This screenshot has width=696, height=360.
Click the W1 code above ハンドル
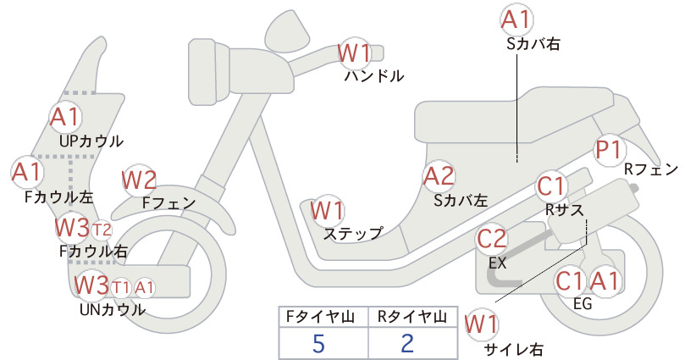pos(354,53)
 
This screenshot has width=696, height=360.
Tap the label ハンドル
pos(374,76)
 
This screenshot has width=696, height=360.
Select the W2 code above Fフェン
pos(139,180)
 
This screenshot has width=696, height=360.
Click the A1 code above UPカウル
pos(65,117)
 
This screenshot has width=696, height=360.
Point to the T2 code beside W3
pos(102,230)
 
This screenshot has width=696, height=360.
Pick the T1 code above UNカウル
pos(120,288)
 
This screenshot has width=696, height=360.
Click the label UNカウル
pos(113,309)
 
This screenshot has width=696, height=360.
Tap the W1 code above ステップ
pos(327,210)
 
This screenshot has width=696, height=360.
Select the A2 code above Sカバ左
pos(439,176)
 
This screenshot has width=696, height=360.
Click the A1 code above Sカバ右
pos(516,19)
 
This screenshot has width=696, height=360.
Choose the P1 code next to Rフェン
pos(608,150)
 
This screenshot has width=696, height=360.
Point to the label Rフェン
pos(651,169)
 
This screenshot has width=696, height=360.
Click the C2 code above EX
pos(491,238)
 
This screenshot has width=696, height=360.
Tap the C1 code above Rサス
pos(550,186)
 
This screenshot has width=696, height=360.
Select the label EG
pos(583,303)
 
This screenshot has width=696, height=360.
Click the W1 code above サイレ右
pos(481,324)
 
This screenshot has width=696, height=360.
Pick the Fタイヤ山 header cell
pos(323,317)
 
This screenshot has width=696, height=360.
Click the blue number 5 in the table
pos(318,343)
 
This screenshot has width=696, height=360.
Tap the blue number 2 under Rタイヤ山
pos(407,343)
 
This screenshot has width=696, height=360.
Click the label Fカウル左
pos(59,197)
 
